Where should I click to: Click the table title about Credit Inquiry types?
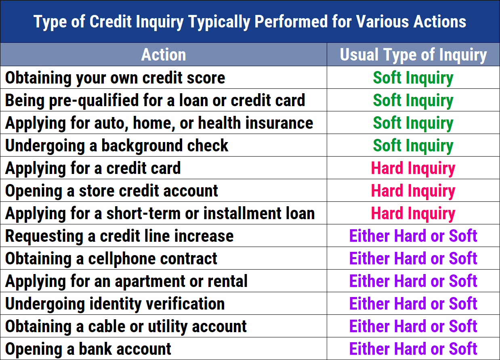click(x=250, y=21)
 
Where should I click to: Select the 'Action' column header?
click(x=164, y=55)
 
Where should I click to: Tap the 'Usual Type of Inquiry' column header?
click(x=413, y=55)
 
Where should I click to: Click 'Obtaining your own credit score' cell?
click(x=115, y=78)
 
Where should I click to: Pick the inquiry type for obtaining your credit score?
click(x=413, y=78)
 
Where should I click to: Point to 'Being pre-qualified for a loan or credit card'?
click(x=155, y=100)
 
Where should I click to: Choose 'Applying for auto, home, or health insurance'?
click(x=159, y=123)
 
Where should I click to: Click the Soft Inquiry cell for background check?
click(x=413, y=146)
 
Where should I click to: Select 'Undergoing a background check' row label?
click(x=117, y=146)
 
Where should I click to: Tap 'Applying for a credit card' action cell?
click(x=93, y=168)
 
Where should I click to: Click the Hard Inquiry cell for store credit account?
click(x=413, y=191)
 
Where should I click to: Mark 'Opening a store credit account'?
click(x=111, y=191)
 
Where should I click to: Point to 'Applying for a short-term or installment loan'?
click(x=160, y=213)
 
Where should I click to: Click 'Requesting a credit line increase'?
click(x=119, y=236)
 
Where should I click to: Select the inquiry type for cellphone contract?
click(x=413, y=259)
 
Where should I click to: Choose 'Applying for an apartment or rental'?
click(x=126, y=281)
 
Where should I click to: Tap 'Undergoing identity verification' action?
click(x=115, y=304)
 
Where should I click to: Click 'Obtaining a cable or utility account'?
click(x=126, y=327)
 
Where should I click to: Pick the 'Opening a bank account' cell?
click(x=88, y=349)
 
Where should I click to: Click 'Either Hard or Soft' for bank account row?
click(x=413, y=349)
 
